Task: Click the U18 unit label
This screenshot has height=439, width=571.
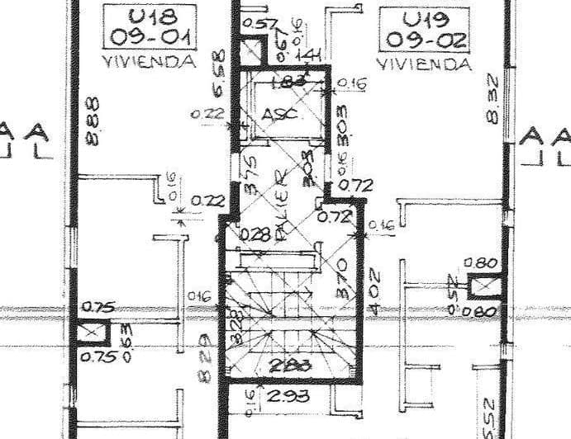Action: (150, 17)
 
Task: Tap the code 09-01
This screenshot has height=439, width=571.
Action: (150, 38)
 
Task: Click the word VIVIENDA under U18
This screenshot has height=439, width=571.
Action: (150, 61)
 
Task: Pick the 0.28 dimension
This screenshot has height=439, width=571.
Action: (255, 234)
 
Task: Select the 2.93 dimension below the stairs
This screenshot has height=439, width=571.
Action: (288, 396)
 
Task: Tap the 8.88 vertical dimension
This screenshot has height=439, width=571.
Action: (93, 122)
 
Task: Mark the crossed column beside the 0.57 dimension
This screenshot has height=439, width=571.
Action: (250, 50)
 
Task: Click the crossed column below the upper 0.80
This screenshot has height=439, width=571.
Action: (482, 287)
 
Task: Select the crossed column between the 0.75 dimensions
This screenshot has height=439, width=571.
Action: (93, 333)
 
